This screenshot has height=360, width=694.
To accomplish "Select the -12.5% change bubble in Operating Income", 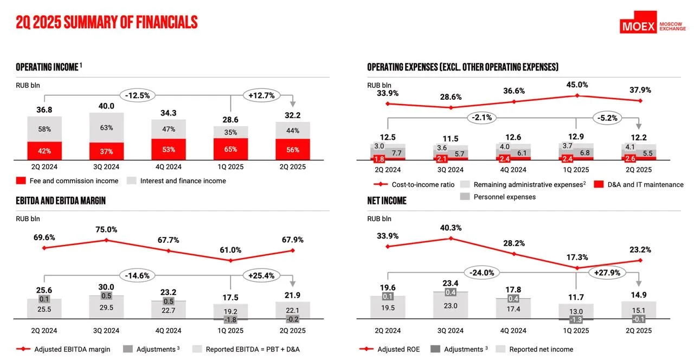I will (138, 95).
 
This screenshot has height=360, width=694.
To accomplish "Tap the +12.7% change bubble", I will (261, 95).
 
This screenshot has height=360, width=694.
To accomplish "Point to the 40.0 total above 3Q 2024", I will (107, 106).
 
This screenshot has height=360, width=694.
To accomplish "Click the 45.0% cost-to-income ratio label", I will (577, 85).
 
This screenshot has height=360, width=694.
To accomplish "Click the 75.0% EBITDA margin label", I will (107, 229).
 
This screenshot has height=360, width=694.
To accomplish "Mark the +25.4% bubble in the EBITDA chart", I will (261, 275).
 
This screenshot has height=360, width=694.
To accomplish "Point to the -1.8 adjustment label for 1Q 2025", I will (230, 320).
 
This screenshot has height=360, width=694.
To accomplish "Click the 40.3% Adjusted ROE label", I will (451, 228).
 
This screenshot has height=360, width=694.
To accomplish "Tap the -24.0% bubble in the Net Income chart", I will (482, 273).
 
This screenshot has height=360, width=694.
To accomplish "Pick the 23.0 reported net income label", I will (450, 306).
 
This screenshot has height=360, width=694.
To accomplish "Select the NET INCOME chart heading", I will (387, 201).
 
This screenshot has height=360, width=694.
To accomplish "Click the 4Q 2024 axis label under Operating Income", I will (169, 167).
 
